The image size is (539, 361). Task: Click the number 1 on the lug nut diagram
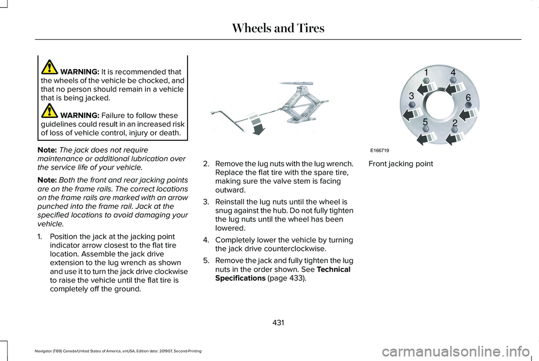pos(426,73)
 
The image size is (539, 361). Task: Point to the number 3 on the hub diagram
pos(411,95)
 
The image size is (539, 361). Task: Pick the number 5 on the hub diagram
pos(426,121)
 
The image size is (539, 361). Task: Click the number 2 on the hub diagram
pos(454,122)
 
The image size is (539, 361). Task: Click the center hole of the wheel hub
pos(440,104)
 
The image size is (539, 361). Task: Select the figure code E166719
pos(380,150)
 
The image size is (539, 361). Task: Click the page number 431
pos(278,322)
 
